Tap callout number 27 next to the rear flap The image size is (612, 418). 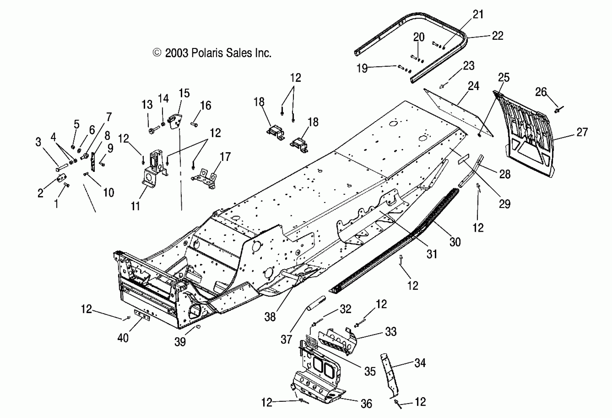tap(582, 132)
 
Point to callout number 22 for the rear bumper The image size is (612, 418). tap(498, 36)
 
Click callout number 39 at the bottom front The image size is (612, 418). tap(180, 342)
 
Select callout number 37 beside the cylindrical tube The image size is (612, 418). tap(286, 340)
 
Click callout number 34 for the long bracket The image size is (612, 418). tap(420, 363)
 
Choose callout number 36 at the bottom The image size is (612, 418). tap(366, 403)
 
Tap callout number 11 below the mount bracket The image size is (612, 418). tap(136, 206)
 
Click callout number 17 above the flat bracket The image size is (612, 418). tap(225, 157)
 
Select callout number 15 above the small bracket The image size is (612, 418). tap(184, 93)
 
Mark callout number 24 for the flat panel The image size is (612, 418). tap(473, 86)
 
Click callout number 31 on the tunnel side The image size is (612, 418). tap(432, 254)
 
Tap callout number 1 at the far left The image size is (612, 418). tap(56, 204)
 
